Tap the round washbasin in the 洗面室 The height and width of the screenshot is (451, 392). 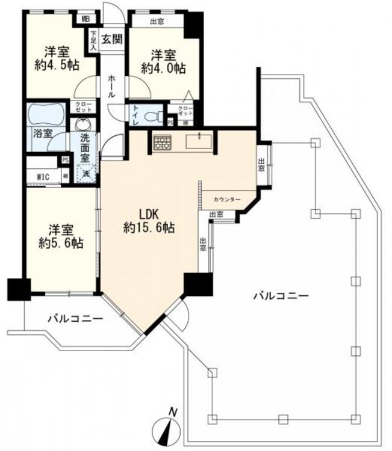81,124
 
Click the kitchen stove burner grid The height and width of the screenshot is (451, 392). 162,143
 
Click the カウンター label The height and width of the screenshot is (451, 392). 226,199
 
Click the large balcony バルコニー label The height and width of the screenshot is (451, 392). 281,295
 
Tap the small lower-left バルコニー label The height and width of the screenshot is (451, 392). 75,319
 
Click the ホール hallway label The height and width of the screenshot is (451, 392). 113,87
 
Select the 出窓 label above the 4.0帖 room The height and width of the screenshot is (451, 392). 158,22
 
